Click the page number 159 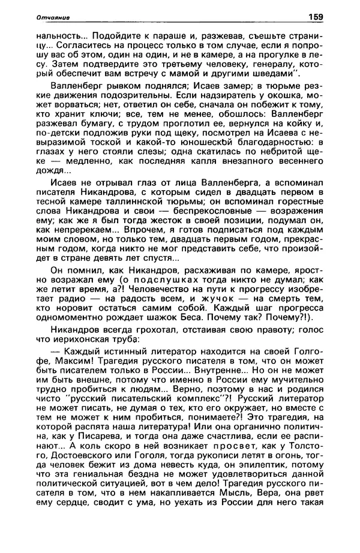(316, 16)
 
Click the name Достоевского (66, 459)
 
